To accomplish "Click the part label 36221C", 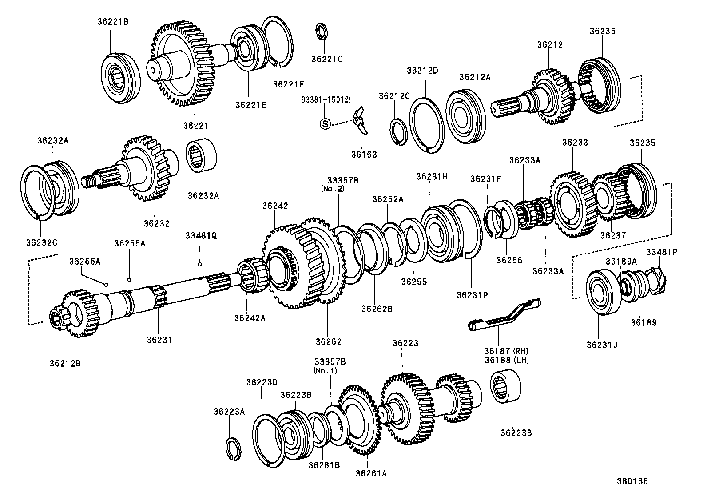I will [327, 59].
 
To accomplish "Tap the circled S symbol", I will [326, 124].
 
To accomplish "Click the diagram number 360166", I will [632, 481].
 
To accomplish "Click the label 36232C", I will [42, 242].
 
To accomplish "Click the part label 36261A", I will [371, 474].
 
